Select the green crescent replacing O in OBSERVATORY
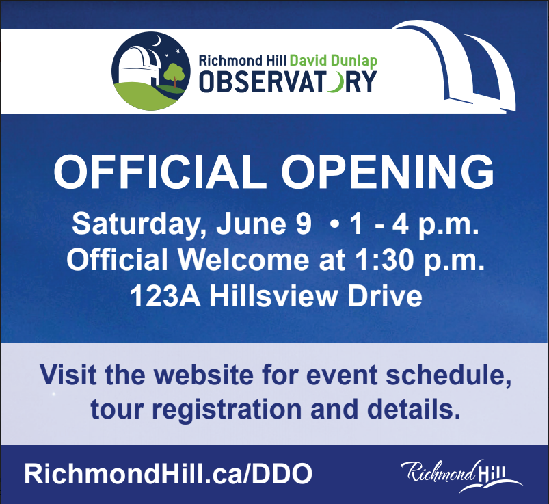tap(333, 81)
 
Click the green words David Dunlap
tap(334, 61)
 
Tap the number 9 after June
tap(304, 224)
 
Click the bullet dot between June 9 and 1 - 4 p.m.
tap(335, 224)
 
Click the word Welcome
tap(244, 261)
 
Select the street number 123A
tap(165, 296)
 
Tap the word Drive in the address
tap(385, 296)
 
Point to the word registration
tap(226, 410)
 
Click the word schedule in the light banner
tap(449, 375)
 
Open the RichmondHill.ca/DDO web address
tap(168, 474)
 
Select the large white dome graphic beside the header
tap(455, 66)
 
